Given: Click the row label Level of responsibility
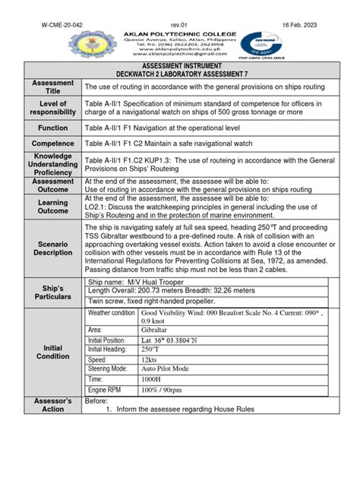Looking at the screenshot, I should (53, 109).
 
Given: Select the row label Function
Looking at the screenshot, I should (53, 128).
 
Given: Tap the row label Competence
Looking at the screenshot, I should (53, 144).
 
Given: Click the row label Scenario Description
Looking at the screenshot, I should (53, 247).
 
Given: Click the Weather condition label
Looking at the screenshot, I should (112, 314).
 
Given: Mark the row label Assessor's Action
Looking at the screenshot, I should (53, 405).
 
